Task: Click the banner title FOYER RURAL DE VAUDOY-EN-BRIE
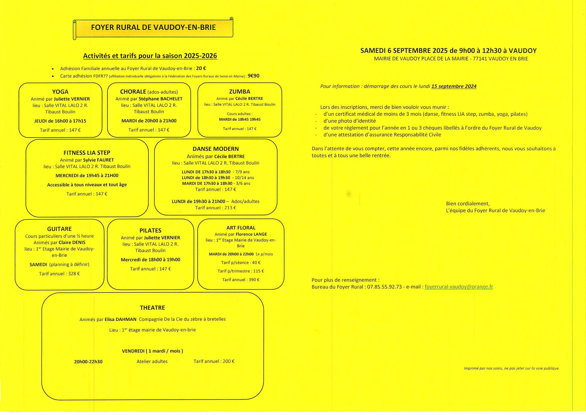pyautogui.click(x=153, y=27)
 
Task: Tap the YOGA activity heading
pyautogui.click(x=60, y=92)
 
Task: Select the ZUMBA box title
pyautogui.click(x=239, y=92)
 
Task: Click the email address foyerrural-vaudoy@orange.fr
pyautogui.click(x=459, y=287)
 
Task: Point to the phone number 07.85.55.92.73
pyautogui.click(x=384, y=287)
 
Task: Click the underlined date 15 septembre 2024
pyautogui.click(x=454, y=86)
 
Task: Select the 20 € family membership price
pyautogui.click(x=201, y=68)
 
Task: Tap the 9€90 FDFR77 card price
pyautogui.click(x=253, y=76)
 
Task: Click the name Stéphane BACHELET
pyautogui.click(x=160, y=99)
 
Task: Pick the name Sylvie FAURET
pyautogui.click(x=99, y=160)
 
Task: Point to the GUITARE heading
pyautogui.click(x=59, y=229)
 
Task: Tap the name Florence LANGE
pyautogui.click(x=251, y=234)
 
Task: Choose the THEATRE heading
pyautogui.click(x=152, y=308)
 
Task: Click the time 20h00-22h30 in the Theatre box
pyautogui.click(x=88, y=362)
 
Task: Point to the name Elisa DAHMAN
pyautogui.click(x=121, y=319)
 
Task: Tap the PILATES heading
pyautogui.click(x=150, y=231)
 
